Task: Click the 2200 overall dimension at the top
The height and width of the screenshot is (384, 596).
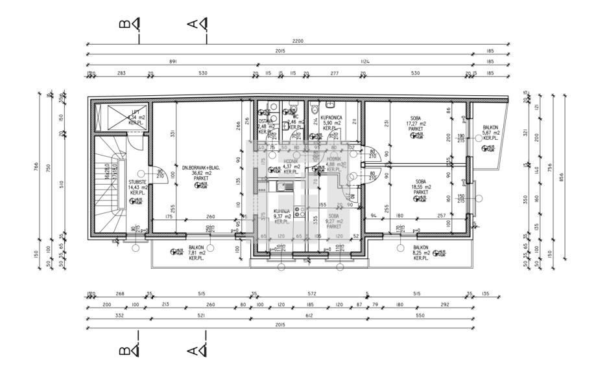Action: point(298,41)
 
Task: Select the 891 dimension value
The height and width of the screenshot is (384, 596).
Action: point(173,62)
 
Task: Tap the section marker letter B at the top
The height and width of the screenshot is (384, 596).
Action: point(125,24)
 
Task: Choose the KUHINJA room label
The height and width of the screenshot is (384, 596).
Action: point(281,211)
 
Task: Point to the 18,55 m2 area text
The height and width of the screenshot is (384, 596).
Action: point(420,186)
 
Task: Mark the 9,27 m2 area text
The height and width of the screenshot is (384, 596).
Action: point(334,221)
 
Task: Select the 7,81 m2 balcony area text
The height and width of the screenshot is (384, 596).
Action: point(197,253)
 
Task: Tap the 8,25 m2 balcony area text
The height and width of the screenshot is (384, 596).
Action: point(420,253)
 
